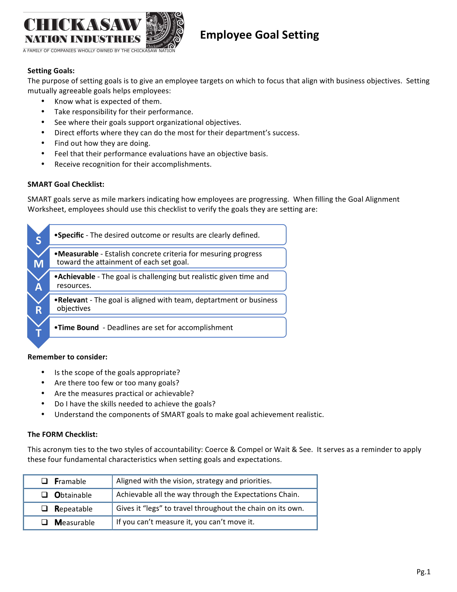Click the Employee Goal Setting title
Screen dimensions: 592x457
pos(259,35)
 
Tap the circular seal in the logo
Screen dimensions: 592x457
pos(165,30)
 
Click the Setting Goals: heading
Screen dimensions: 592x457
pos(51,71)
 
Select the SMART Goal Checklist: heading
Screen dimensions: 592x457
pos(66,184)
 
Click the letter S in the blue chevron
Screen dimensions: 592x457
pos(38,240)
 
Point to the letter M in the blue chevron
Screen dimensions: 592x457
pos(38,263)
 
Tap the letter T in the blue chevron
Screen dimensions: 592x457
pos(38,333)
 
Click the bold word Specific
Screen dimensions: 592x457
pos(71,235)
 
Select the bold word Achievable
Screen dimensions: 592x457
pos(76,276)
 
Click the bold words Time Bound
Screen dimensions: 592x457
pos(78,327)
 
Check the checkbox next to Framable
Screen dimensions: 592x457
pos(45,481)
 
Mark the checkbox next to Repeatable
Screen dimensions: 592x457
pos(45,508)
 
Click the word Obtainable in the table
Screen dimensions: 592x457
pos(73,495)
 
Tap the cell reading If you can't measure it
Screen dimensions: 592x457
pos(185,522)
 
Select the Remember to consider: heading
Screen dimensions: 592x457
pos(67,357)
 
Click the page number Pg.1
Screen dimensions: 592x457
pos(423,571)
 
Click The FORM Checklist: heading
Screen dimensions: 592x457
pos(63,434)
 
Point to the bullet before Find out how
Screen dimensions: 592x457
pos(43,143)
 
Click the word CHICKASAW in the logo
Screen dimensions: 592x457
pos(82,25)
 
